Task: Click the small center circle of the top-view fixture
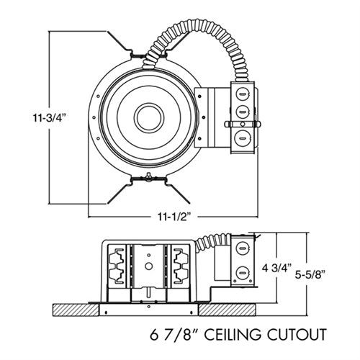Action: (x=149, y=118)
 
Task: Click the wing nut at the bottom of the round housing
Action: (x=148, y=177)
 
